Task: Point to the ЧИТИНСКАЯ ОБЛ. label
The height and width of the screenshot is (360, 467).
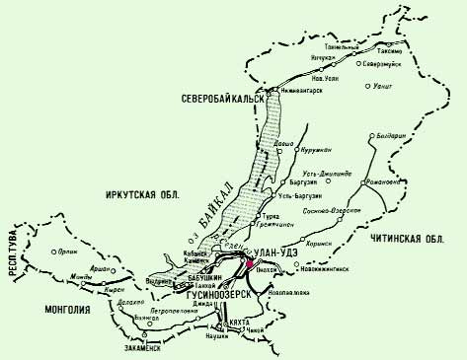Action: pyautogui.click(x=405, y=239)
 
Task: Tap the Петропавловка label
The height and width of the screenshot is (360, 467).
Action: pyautogui.click(x=164, y=310)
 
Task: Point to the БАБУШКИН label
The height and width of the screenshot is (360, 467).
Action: pyautogui.click(x=200, y=280)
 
